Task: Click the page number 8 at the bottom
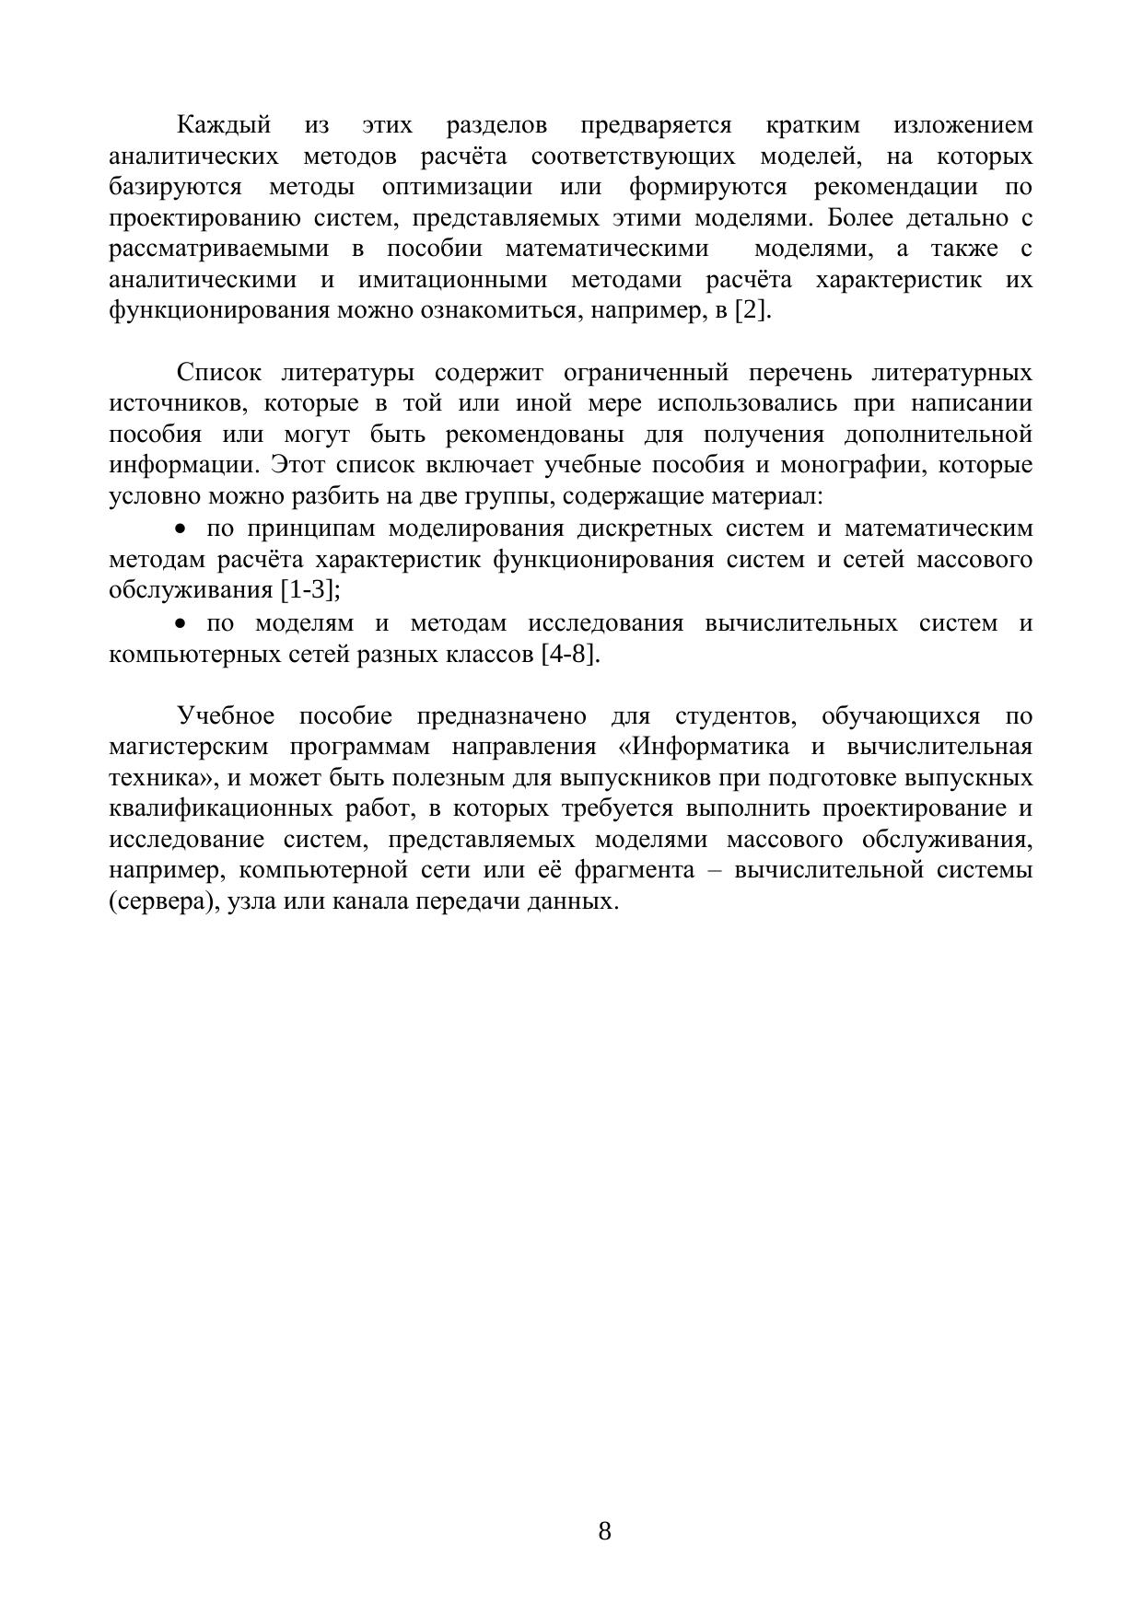click(x=604, y=1531)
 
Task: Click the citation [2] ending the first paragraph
click(x=752, y=310)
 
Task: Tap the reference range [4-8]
click(x=571, y=655)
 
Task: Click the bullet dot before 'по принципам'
click(x=181, y=529)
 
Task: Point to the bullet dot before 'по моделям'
click(x=181, y=623)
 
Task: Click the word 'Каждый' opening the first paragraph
click(x=224, y=125)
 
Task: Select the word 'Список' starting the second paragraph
click(x=219, y=373)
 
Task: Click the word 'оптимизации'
click(x=457, y=187)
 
